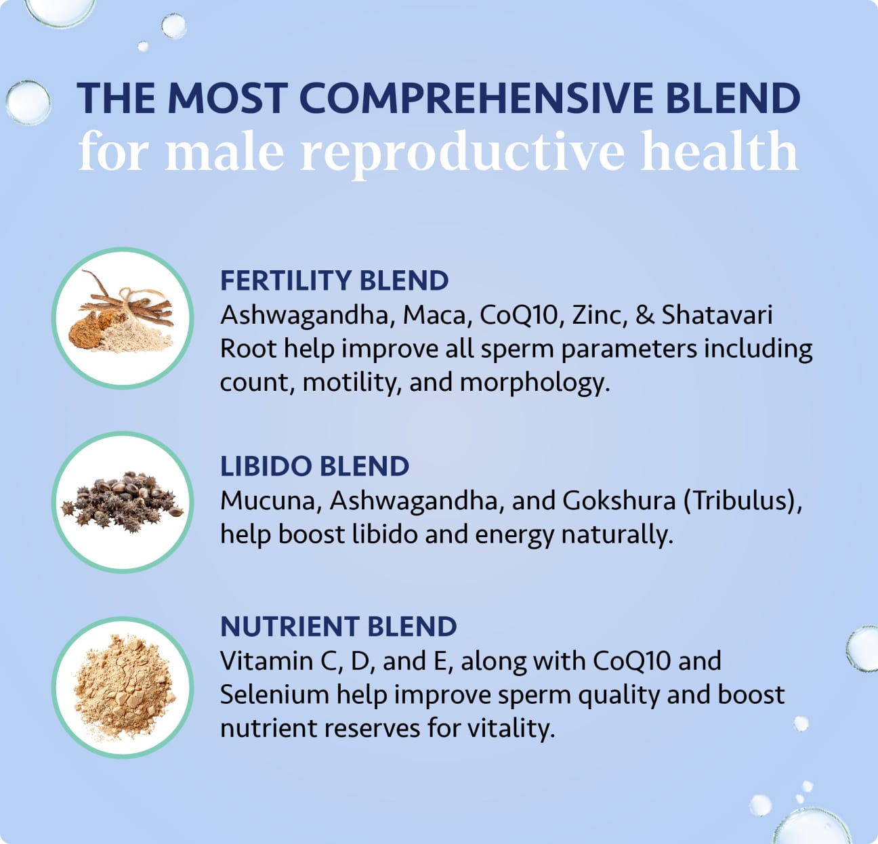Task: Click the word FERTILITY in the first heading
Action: [285, 280]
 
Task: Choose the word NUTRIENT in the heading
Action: [289, 627]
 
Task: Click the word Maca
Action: [437, 315]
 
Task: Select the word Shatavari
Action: [717, 315]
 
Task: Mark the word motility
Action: [352, 383]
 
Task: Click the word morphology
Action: [535, 383]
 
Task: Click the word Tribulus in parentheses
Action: [742, 501]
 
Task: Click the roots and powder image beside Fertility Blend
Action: [122, 318]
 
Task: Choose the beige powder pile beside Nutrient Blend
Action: [122, 687]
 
